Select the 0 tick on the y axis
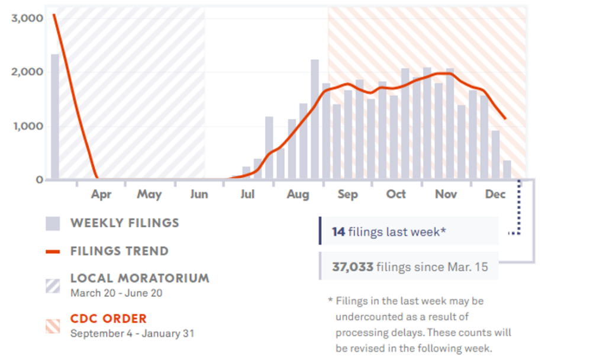[40, 179]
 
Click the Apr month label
[101, 194]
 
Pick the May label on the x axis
[149, 194]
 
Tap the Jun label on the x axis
[199, 194]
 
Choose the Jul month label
[248, 194]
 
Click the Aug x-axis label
[298, 194]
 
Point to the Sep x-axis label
[348, 194]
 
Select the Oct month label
[397, 194]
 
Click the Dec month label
[495, 194]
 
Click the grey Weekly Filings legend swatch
[53, 223]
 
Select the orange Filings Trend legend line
[53, 252]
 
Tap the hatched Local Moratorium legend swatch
[53, 285]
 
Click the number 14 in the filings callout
[339, 232]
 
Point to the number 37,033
[353, 267]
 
